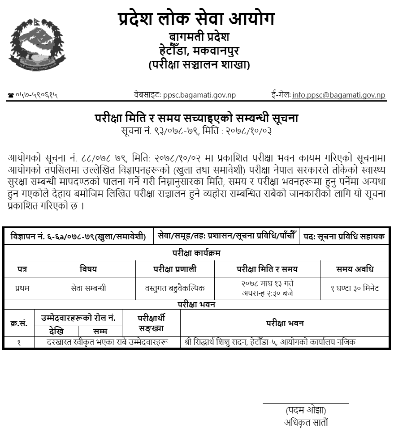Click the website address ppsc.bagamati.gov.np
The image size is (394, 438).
point(199,95)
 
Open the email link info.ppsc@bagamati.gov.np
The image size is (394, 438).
point(338,95)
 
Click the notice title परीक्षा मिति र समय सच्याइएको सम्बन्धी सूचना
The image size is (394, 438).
point(196,119)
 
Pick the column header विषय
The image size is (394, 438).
point(88,269)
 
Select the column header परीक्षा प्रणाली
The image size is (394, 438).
point(175,269)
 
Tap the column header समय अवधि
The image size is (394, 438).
point(355,269)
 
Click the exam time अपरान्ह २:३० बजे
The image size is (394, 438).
point(267,293)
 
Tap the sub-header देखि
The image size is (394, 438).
point(56,332)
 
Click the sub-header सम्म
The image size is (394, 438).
point(100,332)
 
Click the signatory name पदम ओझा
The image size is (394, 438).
point(306,410)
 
